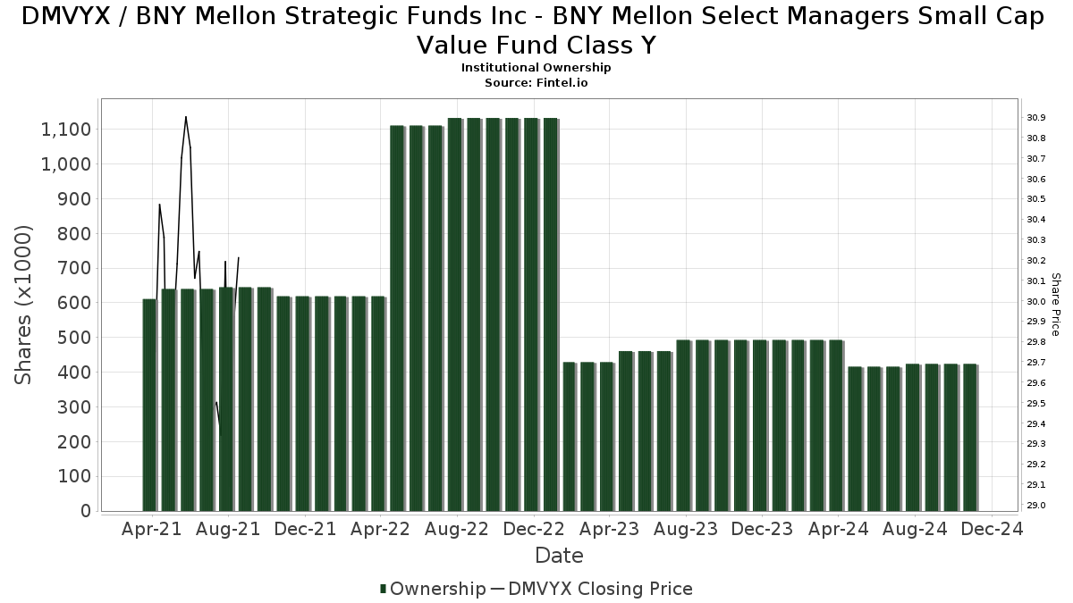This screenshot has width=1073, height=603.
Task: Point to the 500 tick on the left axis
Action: (74, 338)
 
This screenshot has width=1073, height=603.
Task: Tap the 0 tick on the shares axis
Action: (85, 511)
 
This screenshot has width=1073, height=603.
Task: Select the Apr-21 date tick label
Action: (152, 529)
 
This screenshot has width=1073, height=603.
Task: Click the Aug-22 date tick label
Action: (457, 529)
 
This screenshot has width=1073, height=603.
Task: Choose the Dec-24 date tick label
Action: (991, 529)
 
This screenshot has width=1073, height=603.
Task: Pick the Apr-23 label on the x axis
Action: (609, 529)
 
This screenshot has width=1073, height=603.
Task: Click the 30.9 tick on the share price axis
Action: (1036, 118)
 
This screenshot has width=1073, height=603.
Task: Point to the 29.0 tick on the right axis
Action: (1036, 506)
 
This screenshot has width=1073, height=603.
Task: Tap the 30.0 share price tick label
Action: (1036, 301)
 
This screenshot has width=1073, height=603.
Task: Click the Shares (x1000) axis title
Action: (24, 305)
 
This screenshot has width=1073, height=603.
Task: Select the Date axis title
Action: (559, 556)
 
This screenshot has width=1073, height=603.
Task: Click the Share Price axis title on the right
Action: (1055, 305)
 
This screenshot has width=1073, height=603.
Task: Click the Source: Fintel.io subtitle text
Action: (536, 82)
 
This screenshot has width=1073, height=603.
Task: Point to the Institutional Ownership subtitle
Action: (536, 68)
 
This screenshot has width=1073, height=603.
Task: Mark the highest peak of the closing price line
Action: (185, 117)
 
